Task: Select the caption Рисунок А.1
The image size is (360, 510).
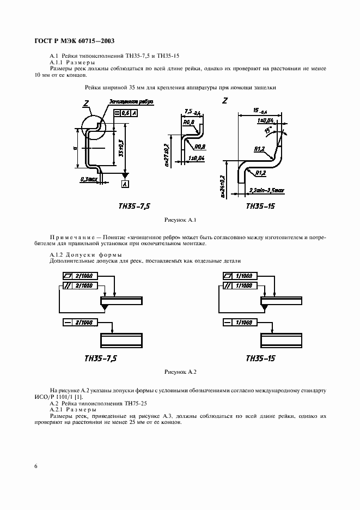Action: tap(180, 220)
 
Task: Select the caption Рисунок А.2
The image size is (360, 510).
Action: tap(180, 372)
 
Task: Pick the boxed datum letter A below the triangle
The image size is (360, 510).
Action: tap(125, 185)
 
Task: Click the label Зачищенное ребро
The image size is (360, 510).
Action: tap(131, 101)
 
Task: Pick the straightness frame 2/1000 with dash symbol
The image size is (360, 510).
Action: tap(78, 322)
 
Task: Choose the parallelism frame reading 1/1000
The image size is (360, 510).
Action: tap(238, 286)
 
